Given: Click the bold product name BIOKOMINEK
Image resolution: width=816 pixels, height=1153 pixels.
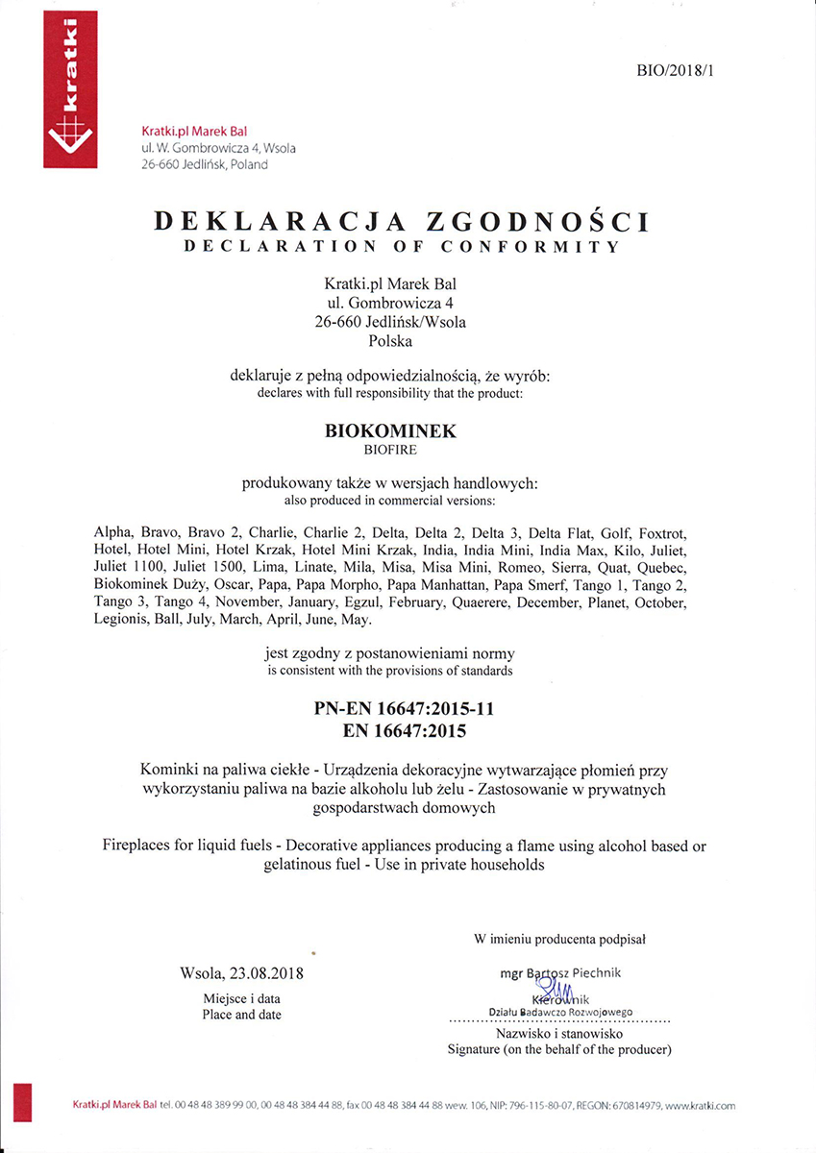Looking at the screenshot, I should point(390,431).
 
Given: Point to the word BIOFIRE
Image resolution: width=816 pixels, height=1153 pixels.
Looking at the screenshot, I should point(390,449).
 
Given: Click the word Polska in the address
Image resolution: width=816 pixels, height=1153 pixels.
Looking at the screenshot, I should point(390,340).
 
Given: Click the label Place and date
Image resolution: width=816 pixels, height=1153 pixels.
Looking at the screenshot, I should point(241,1015).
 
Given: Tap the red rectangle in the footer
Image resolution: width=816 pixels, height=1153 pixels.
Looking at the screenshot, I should point(25,1101).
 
